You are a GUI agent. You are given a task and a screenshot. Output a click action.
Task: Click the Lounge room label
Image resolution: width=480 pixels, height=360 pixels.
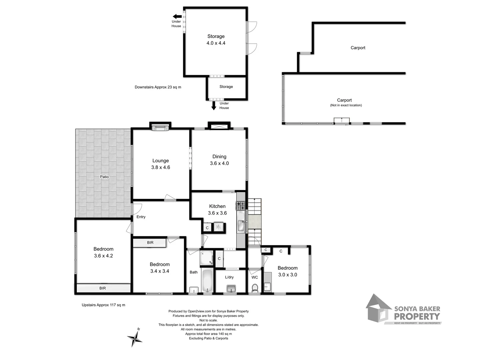click(x=160, y=161)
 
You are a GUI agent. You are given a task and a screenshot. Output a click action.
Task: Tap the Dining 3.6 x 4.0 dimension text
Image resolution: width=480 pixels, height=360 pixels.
click(x=219, y=163)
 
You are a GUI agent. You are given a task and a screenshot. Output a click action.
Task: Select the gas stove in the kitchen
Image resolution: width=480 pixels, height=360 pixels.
click(x=241, y=206)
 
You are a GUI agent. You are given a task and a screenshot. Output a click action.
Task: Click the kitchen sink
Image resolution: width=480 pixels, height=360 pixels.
click(x=241, y=226)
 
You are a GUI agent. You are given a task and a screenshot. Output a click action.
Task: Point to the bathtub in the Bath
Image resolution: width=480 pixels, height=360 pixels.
click(x=207, y=281)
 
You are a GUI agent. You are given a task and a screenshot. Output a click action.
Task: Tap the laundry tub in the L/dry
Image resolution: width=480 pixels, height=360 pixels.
click(x=231, y=288)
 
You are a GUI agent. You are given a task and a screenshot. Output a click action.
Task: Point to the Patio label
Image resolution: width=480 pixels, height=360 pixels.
click(x=104, y=177)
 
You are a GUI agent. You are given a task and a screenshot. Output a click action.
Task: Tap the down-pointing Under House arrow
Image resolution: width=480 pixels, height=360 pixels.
click(x=214, y=106)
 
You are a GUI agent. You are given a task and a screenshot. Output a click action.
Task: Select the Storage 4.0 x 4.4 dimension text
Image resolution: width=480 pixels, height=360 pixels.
click(x=216, y=43)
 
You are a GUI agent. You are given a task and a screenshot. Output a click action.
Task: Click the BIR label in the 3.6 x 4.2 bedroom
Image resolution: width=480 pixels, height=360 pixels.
click(x=102, y=288)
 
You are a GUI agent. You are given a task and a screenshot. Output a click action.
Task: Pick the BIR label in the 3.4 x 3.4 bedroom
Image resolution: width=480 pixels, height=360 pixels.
click(x=150, y=243)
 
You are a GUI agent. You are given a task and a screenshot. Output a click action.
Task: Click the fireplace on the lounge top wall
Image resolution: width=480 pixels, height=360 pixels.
click(x=160, y=127)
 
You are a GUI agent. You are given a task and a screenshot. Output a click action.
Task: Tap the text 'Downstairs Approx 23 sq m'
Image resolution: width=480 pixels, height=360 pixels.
click(x=158, y=87)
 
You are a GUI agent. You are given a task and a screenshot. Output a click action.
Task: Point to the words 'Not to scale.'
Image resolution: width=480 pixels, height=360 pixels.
click(x=208, y=320)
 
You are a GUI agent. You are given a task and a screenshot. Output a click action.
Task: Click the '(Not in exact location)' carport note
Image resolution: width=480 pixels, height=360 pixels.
click(x=346, y=105)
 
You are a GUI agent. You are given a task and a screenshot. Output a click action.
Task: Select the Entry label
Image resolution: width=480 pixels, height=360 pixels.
click(x=141, y=217)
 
